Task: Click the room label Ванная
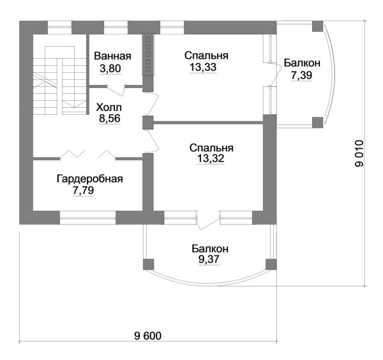[112, 56]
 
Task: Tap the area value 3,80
[110, 69]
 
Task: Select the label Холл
[109, 107]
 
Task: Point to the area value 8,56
[110, 119]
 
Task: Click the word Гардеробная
[89, 179]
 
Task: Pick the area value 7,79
[83, 190]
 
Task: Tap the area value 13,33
[203, 67]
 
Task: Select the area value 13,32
[211, 159]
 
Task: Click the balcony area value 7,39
[301, 75]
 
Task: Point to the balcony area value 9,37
[209, 259]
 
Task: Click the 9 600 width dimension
[148, 336]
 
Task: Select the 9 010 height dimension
[359, 153]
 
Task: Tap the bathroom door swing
[116, 91]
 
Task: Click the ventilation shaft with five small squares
[148, 54]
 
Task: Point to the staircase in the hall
[60, 80]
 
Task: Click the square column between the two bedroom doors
[148, 123]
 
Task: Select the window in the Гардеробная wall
[87, 218]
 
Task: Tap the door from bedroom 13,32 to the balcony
[208, 220]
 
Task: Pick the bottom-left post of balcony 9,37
[148, 264]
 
